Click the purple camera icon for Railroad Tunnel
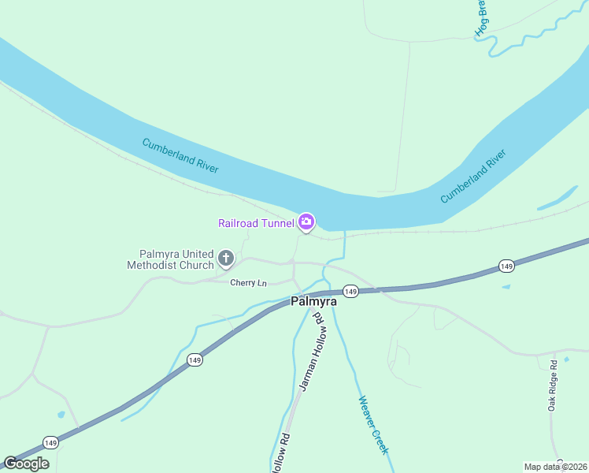pos(306,222)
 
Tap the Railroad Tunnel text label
pos(256,223)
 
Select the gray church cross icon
pos(226,258)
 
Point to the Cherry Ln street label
pos(249,282)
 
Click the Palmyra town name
pos(313,301)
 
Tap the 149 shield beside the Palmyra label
pos(351,292)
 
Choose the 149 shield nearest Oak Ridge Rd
pos(507,266)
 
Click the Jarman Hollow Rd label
pos(309,351)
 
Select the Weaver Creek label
pos(373,424)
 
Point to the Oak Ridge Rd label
pos(553,385)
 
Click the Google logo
pos(26,463)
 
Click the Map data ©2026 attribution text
pos(555,467)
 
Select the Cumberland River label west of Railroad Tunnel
pos(180,155)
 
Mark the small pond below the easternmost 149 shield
pos(506,286)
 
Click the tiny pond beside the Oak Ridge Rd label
pos(566,359)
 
